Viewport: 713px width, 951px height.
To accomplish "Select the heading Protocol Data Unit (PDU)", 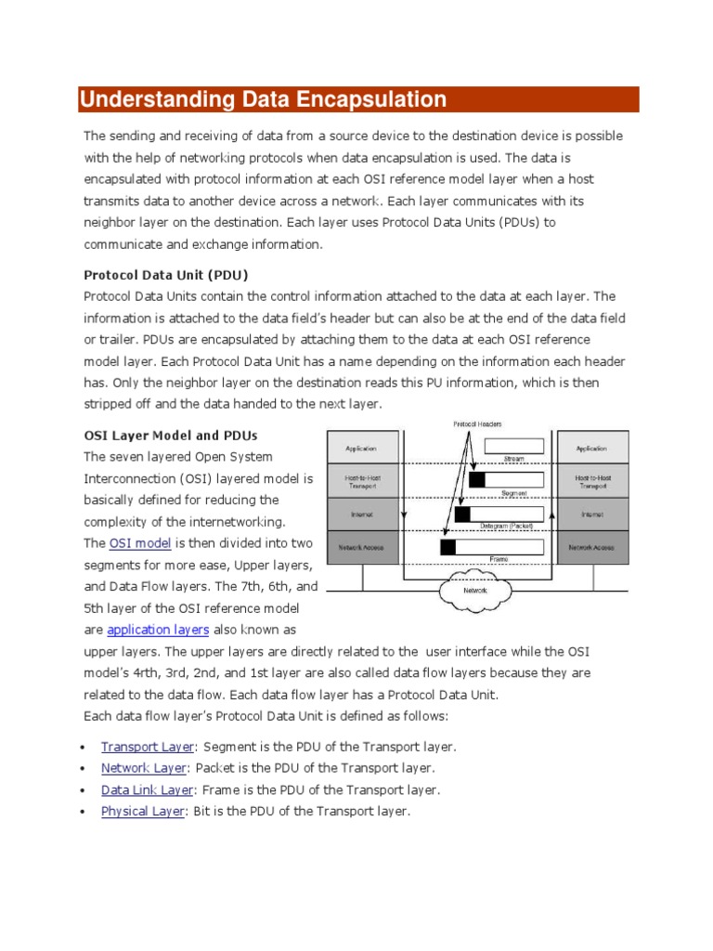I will point(166,275).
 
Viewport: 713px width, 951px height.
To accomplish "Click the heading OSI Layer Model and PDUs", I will point(171,435).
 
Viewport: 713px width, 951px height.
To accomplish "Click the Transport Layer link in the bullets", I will point(148,747).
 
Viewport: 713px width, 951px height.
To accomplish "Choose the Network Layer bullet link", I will point(144,768).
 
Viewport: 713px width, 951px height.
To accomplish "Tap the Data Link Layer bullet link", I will point(147,789).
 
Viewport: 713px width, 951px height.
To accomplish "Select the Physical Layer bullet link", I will point(143,811).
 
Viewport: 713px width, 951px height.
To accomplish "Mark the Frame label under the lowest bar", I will point(499,559).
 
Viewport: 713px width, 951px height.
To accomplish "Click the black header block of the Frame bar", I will point(447,547).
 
